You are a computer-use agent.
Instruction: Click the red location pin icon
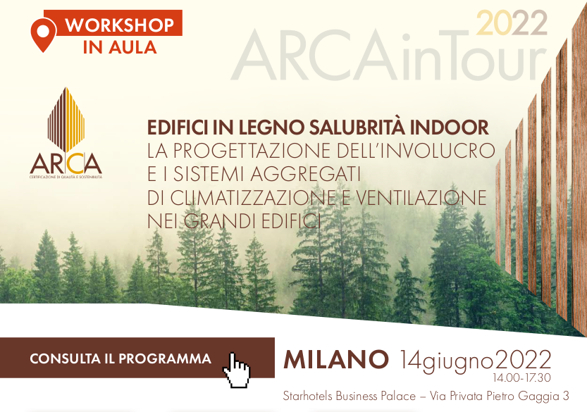(x=44, y=34)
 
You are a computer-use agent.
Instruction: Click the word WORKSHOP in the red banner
(x=120, y=25)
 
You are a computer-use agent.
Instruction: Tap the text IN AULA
(x=120, y=47)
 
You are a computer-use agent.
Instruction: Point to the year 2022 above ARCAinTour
(x=512, y=23)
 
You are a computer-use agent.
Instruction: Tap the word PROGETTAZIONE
(x=252, y=151)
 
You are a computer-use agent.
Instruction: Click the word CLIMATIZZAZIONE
(x=253, y=198)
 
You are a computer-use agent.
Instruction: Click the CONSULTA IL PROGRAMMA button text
(x=121, y=358)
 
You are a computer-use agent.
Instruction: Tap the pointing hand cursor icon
(x=237, y=370)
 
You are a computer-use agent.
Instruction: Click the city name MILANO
(x=336, y=359)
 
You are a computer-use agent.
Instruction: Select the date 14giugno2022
(x=476, y=361)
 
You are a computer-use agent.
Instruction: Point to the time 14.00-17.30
(x=522, y=378)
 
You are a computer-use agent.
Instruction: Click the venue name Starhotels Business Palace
(x=350, y=396)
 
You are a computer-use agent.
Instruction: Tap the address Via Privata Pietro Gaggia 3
(x=500, y=396)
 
